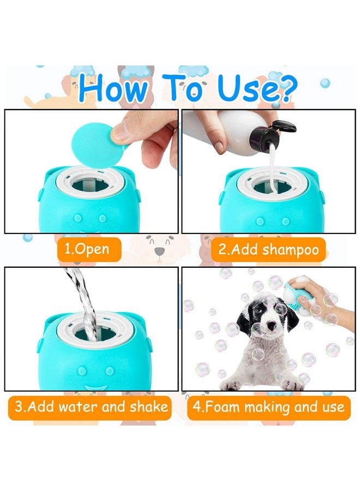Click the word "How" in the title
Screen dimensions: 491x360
111,88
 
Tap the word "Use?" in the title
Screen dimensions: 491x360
257,88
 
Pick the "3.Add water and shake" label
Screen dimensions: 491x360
91,406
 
